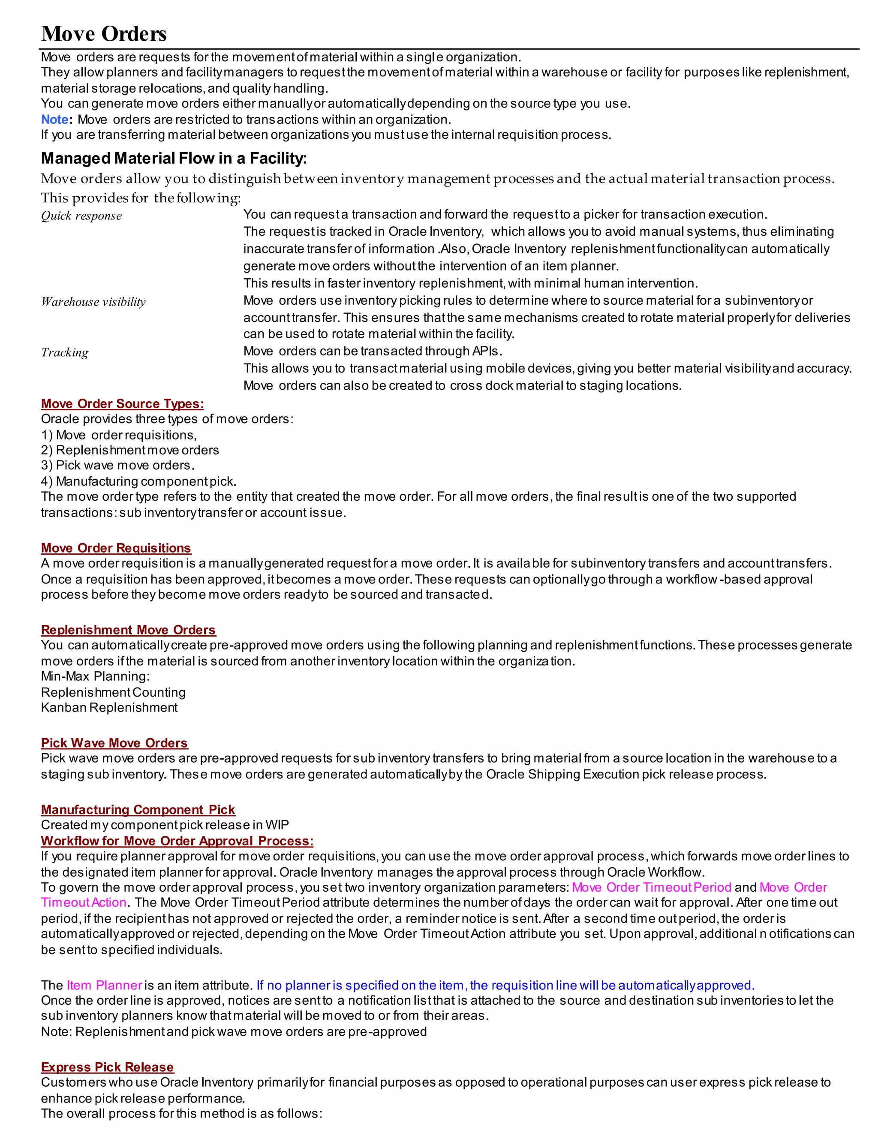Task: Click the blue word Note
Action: [x=54, y=120]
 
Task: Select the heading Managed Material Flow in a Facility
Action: [x=174, y=158]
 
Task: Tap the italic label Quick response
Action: [x=81, y=216]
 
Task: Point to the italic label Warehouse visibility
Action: [x=93, y=302]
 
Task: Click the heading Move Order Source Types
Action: [x=122, y=404]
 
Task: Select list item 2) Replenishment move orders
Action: [x=129, y=451]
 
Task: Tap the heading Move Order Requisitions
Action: [x=116, y=548]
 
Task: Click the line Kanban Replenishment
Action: [x=109, y=708]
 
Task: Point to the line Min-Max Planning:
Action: [x=95, y=677]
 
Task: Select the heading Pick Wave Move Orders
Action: [x=114, y=743]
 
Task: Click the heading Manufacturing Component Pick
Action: [x=138, y=810]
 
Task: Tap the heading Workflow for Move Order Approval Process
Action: [x=177, y=841]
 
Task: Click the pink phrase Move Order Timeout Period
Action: [x=651, y=887]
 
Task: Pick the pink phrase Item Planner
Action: [x=104, y=986]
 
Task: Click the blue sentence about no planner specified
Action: [x=505, y=986]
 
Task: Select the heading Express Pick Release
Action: [x=107, y=1067]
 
